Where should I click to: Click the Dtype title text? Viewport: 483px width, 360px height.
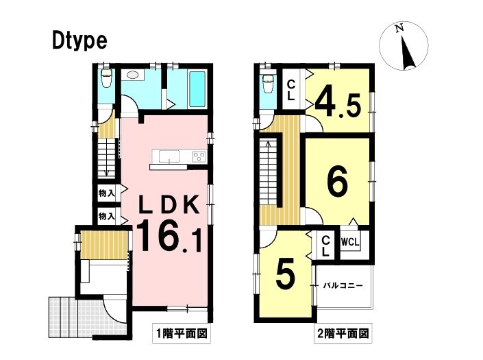point(79,42)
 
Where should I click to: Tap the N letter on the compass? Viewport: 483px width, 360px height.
point(399,29)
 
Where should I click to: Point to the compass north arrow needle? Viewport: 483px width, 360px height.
point(408,52)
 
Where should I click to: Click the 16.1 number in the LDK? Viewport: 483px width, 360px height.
point(169,237)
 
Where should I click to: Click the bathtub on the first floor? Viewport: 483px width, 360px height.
point(197,89)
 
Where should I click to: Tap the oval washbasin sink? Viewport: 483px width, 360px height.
point(132,75)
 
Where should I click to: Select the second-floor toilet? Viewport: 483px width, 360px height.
point(267,82)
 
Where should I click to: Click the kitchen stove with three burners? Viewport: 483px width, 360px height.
point(199,156)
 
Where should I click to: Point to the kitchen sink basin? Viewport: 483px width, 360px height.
point(169,156)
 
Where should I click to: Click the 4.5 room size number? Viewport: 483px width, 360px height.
point(338,101)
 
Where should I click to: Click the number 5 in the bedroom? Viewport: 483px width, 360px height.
point(286,275)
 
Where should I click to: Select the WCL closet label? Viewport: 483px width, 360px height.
point(350,242)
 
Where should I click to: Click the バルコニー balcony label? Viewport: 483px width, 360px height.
point(343,286)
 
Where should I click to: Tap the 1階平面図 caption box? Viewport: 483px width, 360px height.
point(182,333)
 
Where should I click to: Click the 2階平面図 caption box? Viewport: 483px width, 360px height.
point(343,333)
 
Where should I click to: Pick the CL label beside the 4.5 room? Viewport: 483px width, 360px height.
point(290,90)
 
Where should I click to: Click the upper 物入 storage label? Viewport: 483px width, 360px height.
point(107,193)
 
